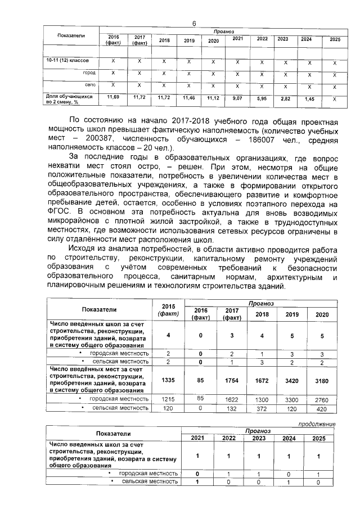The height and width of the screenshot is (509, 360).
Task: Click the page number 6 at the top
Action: coord(193,23)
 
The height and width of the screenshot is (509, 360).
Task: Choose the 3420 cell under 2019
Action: coord(292,380)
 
